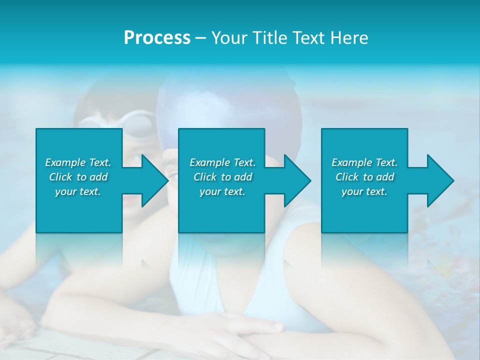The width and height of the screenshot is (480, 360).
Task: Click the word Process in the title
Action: (157, 38)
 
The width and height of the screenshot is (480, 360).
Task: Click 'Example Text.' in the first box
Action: (78, 162)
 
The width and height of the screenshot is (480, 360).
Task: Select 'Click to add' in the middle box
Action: (222, 177)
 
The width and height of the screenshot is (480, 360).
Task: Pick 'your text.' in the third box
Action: (364, 191)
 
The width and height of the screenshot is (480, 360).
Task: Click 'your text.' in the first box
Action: (78, 191)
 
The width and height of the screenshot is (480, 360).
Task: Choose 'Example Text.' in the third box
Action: (364, 162)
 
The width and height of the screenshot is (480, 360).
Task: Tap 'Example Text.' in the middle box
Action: (222, 162)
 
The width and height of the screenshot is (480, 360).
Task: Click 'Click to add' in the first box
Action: (78, 177)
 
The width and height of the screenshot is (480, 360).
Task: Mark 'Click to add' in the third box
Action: (364, 177)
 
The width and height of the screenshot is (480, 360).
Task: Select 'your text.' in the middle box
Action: (222, 191)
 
